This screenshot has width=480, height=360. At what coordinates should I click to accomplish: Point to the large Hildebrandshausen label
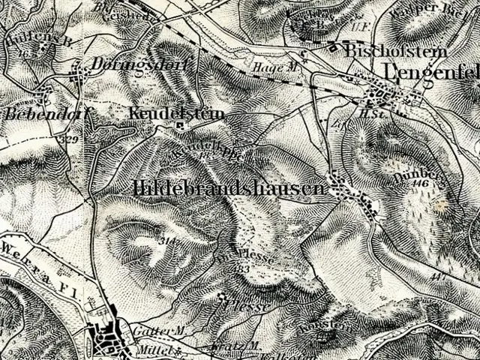tap(229, 188)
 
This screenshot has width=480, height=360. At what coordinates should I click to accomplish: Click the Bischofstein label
tap(395, 52)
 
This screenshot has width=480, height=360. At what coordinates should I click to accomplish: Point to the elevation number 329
tap(70, 139)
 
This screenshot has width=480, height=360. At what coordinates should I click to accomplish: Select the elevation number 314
tap(166, 241)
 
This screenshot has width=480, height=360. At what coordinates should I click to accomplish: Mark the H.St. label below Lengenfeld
tap(367, 112)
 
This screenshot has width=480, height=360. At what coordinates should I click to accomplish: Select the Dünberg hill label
tap(409, 170)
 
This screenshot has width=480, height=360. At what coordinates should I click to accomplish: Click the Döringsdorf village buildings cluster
tap(77, 72)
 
